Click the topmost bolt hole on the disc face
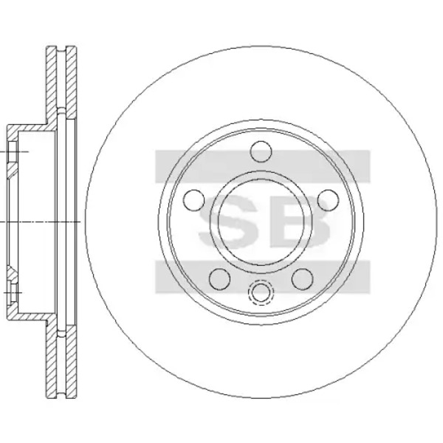[261, 151]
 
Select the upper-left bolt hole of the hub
[193, 200]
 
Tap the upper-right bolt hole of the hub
[328, 200]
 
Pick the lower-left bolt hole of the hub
[219, 279]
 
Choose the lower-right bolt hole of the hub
[302, 279]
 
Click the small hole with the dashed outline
[261, 292]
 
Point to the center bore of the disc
[261, 221]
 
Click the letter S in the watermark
[228, 221]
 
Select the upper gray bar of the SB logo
[262, 166]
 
